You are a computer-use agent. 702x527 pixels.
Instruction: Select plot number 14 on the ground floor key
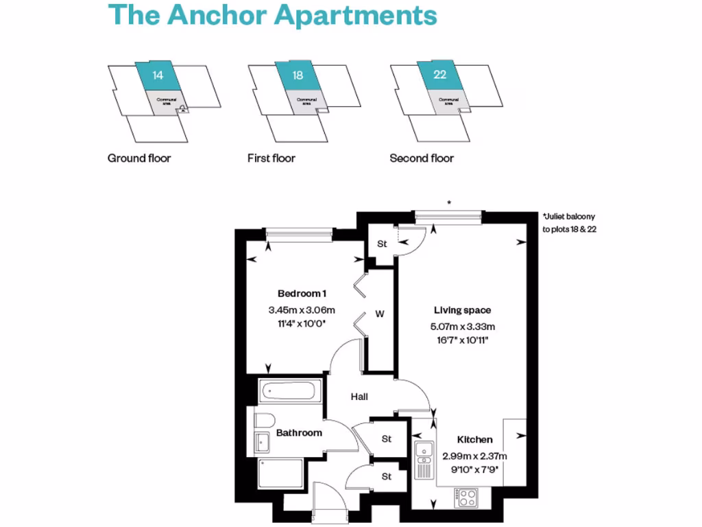pyautogui.click(x=158, y=75)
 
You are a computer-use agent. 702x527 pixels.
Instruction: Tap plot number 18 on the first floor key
pyautogui.click(x=298, y=75)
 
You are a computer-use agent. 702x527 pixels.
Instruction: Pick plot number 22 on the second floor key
pyautogui.click(x=439, y=75)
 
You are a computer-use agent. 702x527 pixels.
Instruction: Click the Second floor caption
pyautogui.click(x=422, y=159)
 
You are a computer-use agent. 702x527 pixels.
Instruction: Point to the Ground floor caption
pyautogui.click(x=139, y=159)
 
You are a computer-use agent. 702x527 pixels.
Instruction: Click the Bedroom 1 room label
pyautogui.click(x=297, y=294)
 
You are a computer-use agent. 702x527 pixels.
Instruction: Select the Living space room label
pyautogui.click(x=462, y=310)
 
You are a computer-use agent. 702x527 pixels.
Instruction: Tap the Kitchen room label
pyautogui.click(x=474, y=440)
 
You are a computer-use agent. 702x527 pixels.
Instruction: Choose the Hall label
pyautogui.click(x=359, y=397)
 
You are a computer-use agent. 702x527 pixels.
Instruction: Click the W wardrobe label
pyautogui.click(x=379, y=314)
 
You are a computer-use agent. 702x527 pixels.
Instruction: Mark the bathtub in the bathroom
pyautogui.click(x=288, y=393)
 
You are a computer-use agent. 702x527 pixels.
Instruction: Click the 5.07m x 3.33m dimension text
pyautogui.click(x=462, y=327)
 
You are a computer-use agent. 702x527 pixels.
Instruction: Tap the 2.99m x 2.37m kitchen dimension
pyautogui.click(x=474, y=456)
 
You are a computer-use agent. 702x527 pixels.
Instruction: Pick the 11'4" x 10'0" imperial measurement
pyautogui.click(x=297, y=322)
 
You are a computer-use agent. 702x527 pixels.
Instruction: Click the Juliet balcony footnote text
pyautogui.click(x=569, y=222)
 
